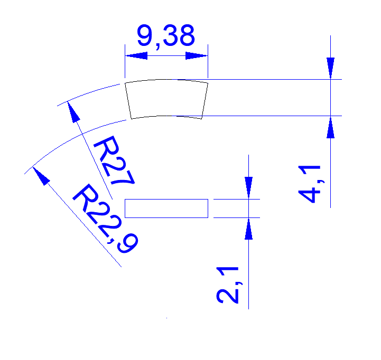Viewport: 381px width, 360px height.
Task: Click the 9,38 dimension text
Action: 165,36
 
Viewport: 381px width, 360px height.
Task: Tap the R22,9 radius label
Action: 105,216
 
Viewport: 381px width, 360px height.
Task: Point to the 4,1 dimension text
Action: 311,183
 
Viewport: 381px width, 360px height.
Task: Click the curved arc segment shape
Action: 166,98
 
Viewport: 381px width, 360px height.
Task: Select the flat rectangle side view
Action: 166,208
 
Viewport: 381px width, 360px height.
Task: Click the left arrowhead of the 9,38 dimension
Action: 135,55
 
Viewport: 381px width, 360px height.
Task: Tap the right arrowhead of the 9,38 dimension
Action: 197,55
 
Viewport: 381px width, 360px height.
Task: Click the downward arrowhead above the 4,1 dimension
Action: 330,68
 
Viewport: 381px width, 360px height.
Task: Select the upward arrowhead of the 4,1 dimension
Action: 330,127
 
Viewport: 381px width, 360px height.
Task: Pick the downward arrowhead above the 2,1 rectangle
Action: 248,187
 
